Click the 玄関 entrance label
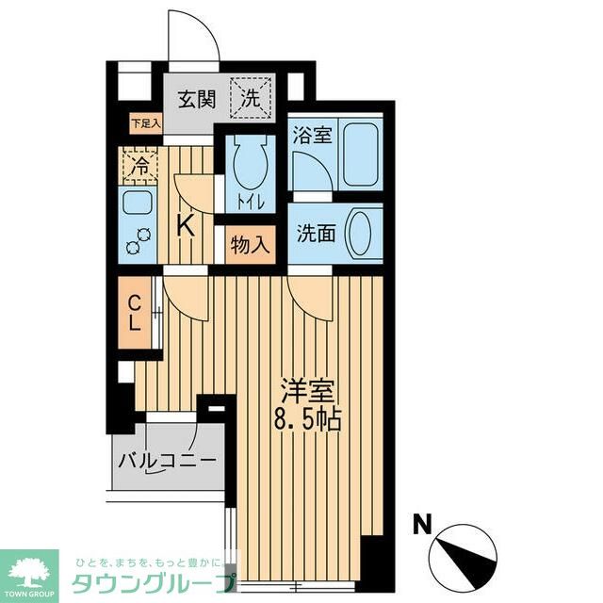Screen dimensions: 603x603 (x=197, y=97)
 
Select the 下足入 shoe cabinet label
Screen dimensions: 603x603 (x=146, y=122)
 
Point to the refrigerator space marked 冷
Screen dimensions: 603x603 (x=139, y=168)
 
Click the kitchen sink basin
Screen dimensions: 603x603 (x=139, y=204)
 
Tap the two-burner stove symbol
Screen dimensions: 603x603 (x=139, y=240)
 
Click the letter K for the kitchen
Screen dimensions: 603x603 (x=187, y=226)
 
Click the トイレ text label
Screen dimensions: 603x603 (x=250, y=204)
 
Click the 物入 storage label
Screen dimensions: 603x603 (x=250, y=247)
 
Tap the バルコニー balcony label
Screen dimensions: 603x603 (x=168, y=462)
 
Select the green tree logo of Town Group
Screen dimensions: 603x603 (x=28, y=564)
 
